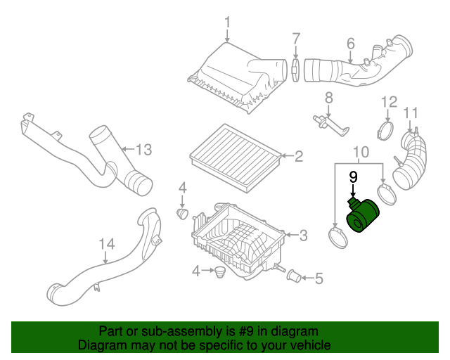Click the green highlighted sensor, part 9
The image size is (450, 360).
point(364,216)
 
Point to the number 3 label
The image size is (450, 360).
point(303,235)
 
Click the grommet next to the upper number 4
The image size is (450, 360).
point(181,212)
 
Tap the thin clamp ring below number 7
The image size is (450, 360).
point(296,71)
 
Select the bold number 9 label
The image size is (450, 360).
point(354,177)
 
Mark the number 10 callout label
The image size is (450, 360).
point(359,150)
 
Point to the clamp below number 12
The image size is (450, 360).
point(385,129)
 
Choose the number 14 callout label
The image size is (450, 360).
point(106,244)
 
